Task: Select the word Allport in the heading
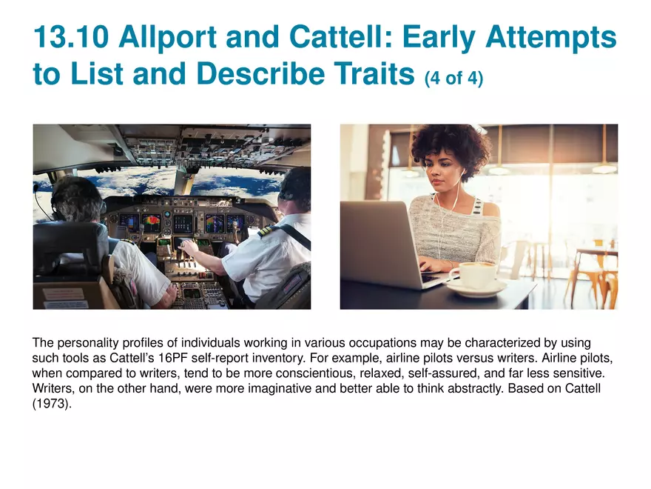coord(167,38)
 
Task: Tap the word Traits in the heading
coord(374,73)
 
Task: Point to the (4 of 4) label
coord(453,78)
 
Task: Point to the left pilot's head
coord(77,199)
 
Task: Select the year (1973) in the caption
coord(52,404)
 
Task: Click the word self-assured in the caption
coord(442,373)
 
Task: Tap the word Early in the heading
coord(439,38)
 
